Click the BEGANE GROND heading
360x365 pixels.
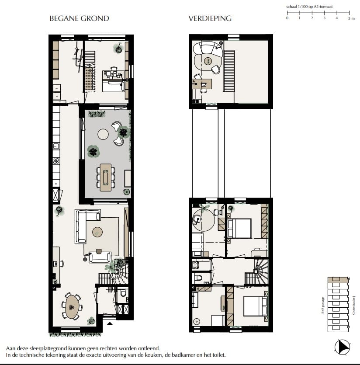tap(79, 18)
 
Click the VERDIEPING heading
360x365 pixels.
tap(210, 18)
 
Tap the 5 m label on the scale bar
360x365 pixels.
tap(351, 19)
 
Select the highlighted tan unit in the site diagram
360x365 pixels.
tap(338, 280)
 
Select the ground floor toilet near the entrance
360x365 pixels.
tap(123, 294)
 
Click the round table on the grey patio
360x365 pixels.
tap(103, 134)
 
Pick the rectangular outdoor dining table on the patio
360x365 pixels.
tap(106, 177)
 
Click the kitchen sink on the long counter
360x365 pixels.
tap(56, 146)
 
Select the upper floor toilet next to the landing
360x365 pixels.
tap(197, 278)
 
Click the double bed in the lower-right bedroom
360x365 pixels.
tap(255, 306)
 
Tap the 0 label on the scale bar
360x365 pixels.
tap(287, 19)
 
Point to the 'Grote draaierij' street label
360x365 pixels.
tap(353, 305)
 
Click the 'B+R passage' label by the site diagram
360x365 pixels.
tap(323, 305)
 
